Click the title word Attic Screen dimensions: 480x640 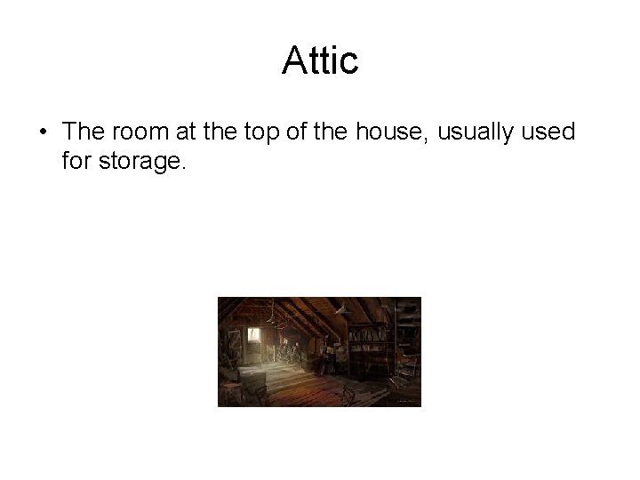pyautogui.click(x=320, y=61)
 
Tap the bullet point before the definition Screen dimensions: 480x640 pyautogui.click(x=44, y=133)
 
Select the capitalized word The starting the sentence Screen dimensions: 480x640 pyautogui.click(x=84, y=132)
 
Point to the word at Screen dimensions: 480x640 pyautogui.click(x=188, y=133)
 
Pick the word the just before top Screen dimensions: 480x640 pyautogui.click(x=222, y=132)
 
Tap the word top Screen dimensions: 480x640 pyautogui.click(x=265, y=133)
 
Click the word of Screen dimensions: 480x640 pyautogui.click(x=302, y=132)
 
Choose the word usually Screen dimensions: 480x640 pyautogui.click(x=473, y=133)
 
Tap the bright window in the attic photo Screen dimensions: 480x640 pyautogui.click(x=254, y=336)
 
